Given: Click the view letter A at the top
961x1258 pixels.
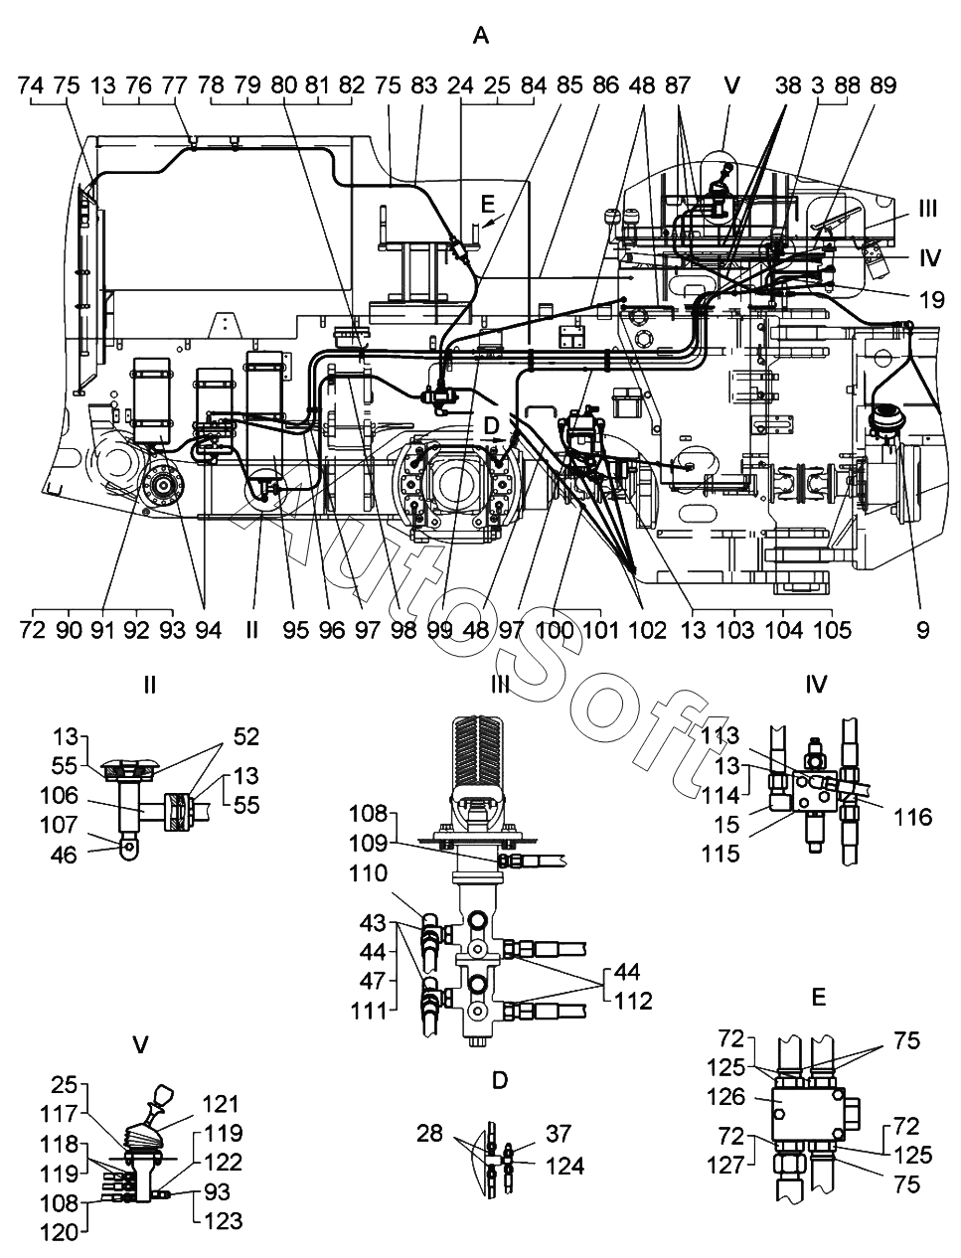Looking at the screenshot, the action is (481, 37).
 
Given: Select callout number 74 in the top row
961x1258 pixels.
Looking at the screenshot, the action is (31, 86).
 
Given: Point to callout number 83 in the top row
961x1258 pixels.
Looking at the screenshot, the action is (424, 86).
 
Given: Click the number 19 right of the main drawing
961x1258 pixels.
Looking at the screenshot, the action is (931, 299).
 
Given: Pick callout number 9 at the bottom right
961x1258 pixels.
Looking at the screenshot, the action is (922, 630).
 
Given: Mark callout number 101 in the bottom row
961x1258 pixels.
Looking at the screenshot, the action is (600, 630).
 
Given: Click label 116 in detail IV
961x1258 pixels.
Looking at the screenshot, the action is (913, 817).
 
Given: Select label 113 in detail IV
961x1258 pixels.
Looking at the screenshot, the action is (721, 735).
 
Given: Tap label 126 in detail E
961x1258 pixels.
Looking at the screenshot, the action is (725, 1097).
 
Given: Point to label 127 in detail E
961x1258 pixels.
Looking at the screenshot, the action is (725, 1165).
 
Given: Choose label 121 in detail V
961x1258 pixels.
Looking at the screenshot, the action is (221, 1104).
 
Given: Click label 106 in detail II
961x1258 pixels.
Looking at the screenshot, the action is (59, 795).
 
